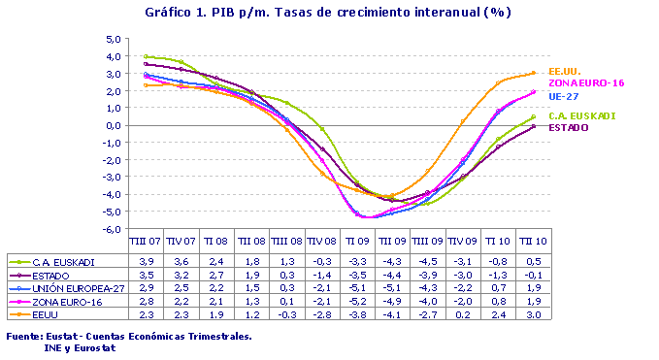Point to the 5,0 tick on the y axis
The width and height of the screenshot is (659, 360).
[x=113, y=40]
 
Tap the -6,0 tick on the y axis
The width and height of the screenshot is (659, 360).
[x=111, y=230]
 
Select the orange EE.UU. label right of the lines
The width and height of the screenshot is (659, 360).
[x=564, y=71]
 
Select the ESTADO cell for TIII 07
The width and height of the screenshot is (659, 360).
[x=146, y=276]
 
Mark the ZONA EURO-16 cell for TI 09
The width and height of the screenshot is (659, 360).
[x=356, y=302]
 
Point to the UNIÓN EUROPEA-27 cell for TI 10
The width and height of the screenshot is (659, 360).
[x=496, y=289]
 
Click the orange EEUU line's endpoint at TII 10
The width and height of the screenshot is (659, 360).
[x=533, y=73]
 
